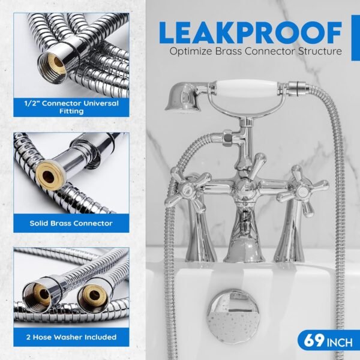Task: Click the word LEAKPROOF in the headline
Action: point(250,32)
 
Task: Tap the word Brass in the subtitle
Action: point(228,51)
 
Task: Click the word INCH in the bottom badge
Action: point(340,343)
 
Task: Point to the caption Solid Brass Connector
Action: point(71,223)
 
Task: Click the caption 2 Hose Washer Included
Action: point(71,337)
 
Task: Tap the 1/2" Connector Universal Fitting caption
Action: point(71,107)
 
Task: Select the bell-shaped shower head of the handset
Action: point(183,96)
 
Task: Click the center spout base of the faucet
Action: point(244,236)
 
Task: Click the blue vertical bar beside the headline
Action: point(356,38)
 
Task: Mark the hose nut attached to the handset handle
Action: point(298,89)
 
